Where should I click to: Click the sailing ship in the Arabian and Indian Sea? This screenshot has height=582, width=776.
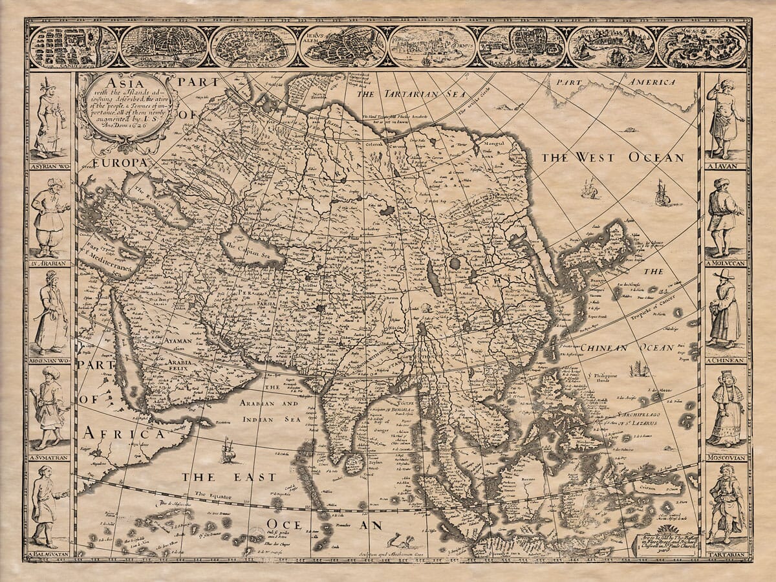[x=226, y=450]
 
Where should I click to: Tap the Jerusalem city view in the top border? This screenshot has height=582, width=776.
[x=343, y=47]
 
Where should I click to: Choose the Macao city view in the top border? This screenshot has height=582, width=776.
[x=701, y=47]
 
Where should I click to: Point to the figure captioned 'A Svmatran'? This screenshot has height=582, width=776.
[x=49, y=407]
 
